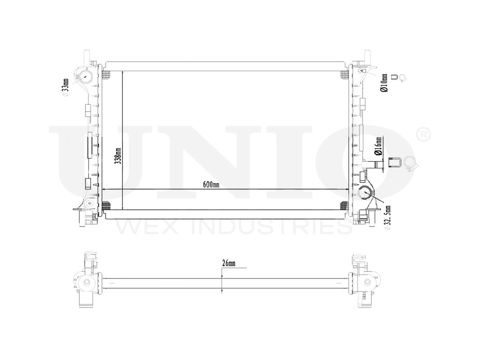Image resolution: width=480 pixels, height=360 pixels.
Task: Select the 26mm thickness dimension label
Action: coord(228,264)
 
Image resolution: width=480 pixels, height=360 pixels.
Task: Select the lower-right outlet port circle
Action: coord(366,193)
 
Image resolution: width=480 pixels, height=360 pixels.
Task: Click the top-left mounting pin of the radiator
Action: coord(87,55)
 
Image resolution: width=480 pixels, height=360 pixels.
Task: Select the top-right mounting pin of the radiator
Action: coord(367,55)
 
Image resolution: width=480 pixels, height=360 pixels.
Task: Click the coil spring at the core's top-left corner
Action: coord(107,74)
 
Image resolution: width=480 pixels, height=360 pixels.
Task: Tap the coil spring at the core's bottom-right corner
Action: coord(344,206)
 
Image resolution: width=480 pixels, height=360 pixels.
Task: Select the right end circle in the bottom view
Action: coord(368,282)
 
